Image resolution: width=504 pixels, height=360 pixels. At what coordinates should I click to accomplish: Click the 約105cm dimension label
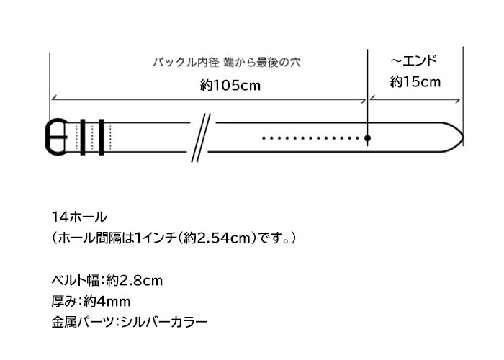(x=230, y=86)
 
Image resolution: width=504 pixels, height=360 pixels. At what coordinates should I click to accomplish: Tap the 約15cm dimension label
(x=415, y=82)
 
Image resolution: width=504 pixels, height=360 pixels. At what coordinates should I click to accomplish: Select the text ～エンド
(x=414, y=60)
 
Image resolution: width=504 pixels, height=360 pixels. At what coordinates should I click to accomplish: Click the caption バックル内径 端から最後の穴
(x=227, y=62)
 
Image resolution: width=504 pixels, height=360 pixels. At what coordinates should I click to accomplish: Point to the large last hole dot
(x=367, y=138)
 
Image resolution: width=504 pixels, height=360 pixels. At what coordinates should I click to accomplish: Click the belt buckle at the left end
(x=49, y=137)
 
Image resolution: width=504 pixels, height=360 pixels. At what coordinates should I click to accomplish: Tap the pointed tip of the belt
(x=463, y=138)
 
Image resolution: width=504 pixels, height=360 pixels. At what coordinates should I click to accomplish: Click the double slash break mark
(x=201, y=138)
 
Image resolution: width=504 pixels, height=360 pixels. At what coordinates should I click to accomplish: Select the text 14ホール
(x=79, y=217)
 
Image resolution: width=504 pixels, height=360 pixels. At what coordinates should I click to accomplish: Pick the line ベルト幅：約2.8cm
(x=107, y=280)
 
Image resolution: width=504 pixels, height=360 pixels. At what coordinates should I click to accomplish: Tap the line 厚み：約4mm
(x=91, y=302)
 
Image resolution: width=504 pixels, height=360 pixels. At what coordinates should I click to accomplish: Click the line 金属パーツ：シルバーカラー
(x=129, y=322)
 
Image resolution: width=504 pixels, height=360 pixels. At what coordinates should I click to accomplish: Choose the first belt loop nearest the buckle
(x=83, y=138)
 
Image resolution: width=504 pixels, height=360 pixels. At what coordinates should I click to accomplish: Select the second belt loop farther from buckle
(x=102, y=138)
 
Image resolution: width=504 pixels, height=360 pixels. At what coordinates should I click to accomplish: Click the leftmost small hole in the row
(x=264, y=138)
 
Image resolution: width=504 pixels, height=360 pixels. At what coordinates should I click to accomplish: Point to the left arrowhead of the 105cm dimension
(x=54, y=98)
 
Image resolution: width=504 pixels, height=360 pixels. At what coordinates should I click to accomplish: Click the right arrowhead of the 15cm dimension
(x=457, y=101)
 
